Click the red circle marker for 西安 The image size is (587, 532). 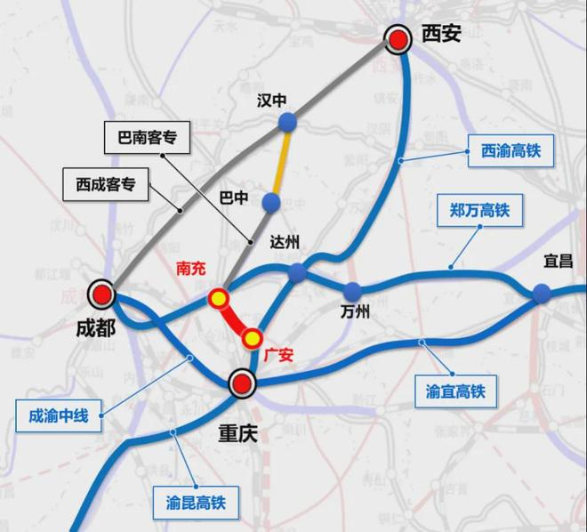(397, 39)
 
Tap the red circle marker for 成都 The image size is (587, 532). (103, 295)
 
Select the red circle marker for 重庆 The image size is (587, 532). (241, 384)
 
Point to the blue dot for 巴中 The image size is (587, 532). (271, 204)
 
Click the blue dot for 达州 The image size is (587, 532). (297, 272)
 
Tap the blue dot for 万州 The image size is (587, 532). (353, 291)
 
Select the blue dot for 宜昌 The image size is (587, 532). (542, 293)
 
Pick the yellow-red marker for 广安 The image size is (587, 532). (253, 338)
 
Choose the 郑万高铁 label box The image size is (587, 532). (479, 213)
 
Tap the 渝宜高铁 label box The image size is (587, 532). (455, 391)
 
